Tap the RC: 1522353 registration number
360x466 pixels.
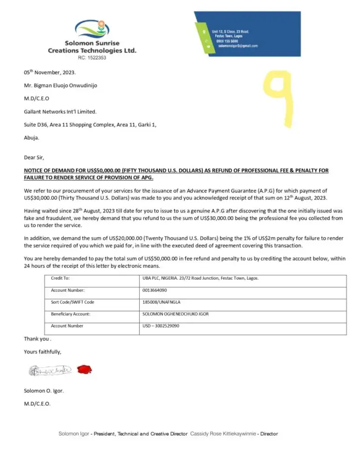click(92, 58)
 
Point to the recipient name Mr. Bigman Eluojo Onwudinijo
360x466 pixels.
click(61, 85)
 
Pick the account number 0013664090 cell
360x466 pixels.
click(155, 290)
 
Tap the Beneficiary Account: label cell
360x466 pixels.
click(71, 314)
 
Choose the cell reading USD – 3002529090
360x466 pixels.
click(161, 326)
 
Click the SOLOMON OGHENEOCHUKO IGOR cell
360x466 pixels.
click(176, 314)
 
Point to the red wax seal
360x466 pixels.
click(84, 370)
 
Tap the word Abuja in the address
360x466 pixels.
click(32, 137)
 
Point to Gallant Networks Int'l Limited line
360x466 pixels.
click(60, 111)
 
